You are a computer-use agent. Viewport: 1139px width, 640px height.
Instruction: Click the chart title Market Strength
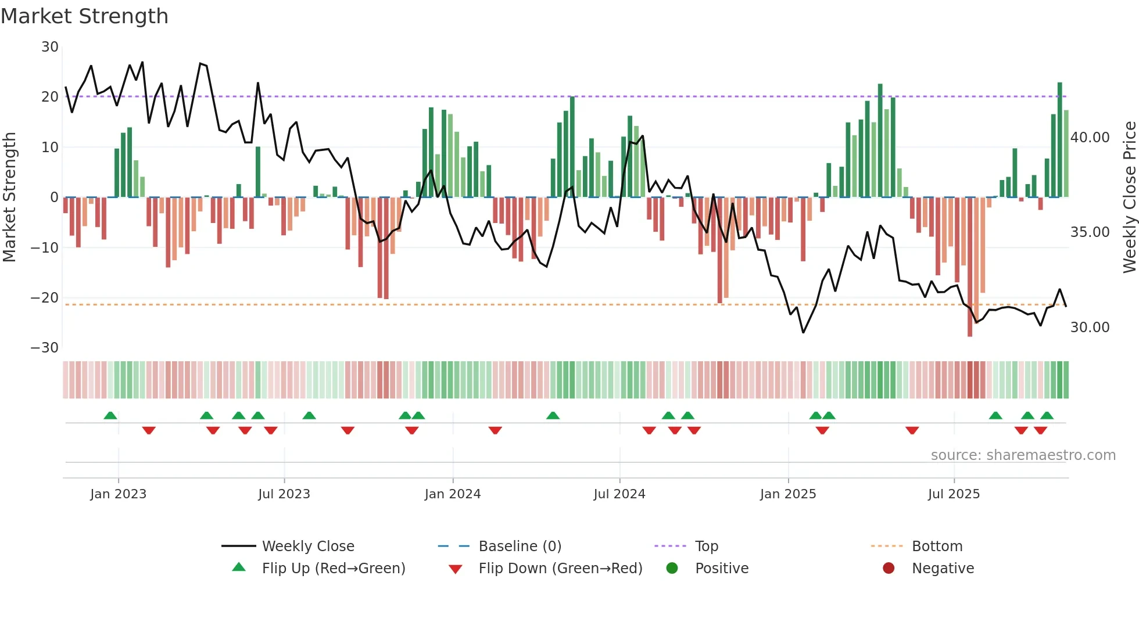pyautogui.click(x=84, y=16)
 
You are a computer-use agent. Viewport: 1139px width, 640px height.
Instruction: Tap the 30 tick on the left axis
pyautogui.click(x=50, y=47)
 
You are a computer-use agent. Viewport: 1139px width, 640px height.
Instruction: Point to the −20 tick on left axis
pyautogui.click(x=45, y=298)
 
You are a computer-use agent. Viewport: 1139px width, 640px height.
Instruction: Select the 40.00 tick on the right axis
pyautogui.click(x=1090, y=138)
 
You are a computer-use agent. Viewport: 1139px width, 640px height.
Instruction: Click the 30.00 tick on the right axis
pyautogui.click(x=1090, y=328)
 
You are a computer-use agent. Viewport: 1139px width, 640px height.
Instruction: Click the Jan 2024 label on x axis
pyautogui.click(x=452, y=494)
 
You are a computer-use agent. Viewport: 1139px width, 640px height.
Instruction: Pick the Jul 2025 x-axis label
pyautogui.click(x=954, y=494)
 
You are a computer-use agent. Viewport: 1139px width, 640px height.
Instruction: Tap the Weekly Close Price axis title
pyautogui.click(x=1129, y=197)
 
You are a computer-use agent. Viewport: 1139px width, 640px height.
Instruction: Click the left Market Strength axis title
pyautogui.click(x=10, y=197)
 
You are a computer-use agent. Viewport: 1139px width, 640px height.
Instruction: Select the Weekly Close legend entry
pyautogui.click(x=307, y=546)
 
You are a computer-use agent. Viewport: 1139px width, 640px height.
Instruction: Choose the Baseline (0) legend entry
pyautogui.click(x=520, y=546)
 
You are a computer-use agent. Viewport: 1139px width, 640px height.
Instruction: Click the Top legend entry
pyautogui.click(x=706, y=546)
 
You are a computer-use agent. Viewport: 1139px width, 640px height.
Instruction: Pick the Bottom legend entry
pyautogui.click(x=937, y=546)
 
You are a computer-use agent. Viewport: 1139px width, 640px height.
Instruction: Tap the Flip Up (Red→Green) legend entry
pyautogui.click(x=333, y=569)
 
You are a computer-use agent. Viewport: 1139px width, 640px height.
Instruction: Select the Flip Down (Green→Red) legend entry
pyautogui.click(x=560, y=569)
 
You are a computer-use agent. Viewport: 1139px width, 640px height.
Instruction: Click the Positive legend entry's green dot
pyautogui.click(x=672, y=569)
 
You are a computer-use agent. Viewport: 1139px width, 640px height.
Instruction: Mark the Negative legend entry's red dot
pyautogui.click(x=889, y=569)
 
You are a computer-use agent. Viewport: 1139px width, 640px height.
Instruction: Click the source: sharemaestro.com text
pyautogui.click(x=1023, y=455)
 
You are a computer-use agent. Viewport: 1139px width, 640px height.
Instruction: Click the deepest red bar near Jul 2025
pyautogui.click(x=970, y=267)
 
